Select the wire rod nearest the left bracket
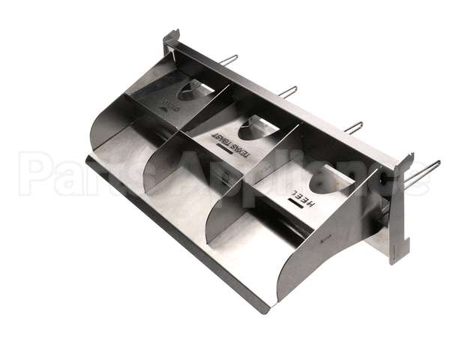(x=229, y=59)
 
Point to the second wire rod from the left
(x=287, y=91)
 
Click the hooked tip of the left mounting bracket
(x=172, y=37)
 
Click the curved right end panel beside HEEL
(x=322, y=247)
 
